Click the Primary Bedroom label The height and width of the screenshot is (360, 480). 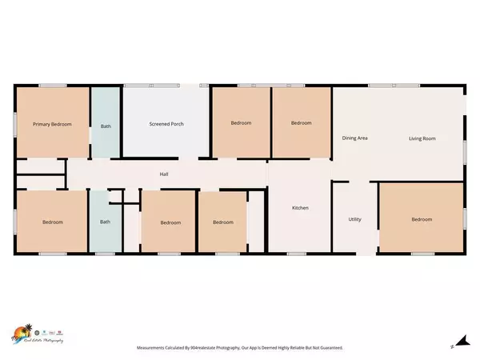[x=52, y=125]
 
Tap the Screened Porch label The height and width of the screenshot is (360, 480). [x=166, y=125]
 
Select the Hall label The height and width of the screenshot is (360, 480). [x=163, y=174]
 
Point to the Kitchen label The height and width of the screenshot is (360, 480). [x=300, y=208]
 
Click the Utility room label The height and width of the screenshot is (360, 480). [x=355, y=219]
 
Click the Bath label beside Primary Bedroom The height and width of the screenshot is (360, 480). [x=105, y=126]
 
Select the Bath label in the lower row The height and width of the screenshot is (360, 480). [x=105, y=222]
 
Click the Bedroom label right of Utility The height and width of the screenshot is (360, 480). [x=422, y=219]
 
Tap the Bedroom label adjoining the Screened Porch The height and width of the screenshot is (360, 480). [x=241, y=123]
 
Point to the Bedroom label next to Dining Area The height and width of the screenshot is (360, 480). [x=301, y=123]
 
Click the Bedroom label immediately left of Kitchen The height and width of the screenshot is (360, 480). [x=223, y=222]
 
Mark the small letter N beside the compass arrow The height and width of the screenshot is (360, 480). [x=453, y=346]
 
